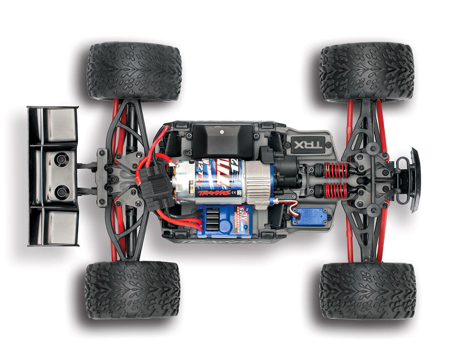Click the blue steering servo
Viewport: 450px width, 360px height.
(x=309, y=216)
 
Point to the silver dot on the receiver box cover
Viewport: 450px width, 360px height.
(x=221, y=132)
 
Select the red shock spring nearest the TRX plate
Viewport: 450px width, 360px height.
(x=337, y=170)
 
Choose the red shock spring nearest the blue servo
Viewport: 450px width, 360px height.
(x=337, y=190)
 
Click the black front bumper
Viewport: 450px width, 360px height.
(x=415, y=180)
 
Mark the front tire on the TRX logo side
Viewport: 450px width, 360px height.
(x=367, y=72)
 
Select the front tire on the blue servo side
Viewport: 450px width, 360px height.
(x=367, y=291)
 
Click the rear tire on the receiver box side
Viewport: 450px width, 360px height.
(x=134, y=71)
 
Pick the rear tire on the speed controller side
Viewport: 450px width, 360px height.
(x=132, y=290)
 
